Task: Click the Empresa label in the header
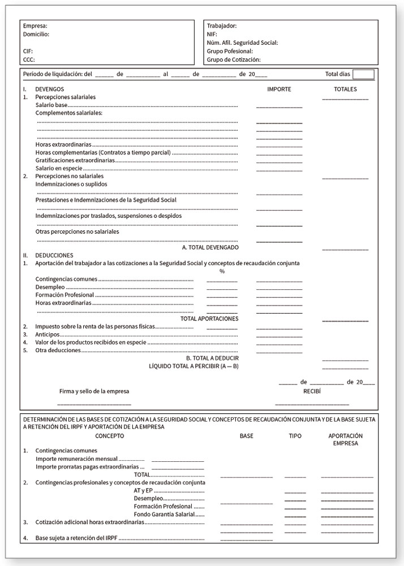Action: pos(35,26)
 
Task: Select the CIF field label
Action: pos(28,50)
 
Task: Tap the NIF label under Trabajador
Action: pos(212,34)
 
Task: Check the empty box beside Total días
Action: pos(363,74)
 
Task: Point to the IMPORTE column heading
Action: pos(279,89)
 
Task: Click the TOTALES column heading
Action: pos(345,89)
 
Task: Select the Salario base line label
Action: pos(51,105)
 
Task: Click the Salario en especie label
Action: pos(59,168)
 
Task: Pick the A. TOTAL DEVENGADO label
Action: pos(210,247)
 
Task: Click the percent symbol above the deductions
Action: pos(222,271)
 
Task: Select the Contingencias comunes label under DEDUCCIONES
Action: pos(66,279)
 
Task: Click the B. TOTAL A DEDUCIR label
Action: pos(212,358)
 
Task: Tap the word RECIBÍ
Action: pos(312,391)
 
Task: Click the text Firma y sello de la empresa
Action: pos(94,391)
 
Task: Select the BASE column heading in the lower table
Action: pos(247,436)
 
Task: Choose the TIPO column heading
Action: pos(295,436)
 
